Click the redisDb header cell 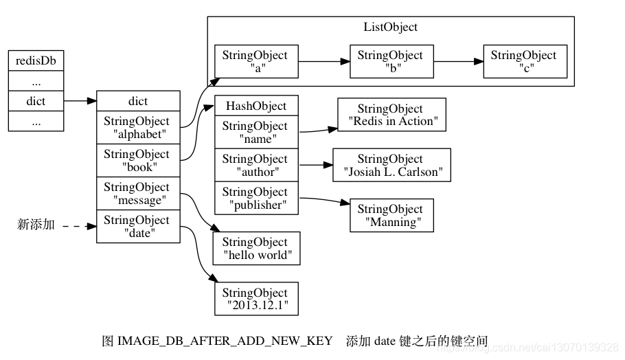coord(36,60)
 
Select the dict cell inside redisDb coord(36,101)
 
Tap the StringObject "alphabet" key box coord(138,127)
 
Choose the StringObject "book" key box coord(138,160)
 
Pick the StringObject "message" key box coord(138,193)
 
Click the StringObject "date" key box coord(138,227)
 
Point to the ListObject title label coord(390,27)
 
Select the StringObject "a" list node coord(256,61)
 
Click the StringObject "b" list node coord(391,61)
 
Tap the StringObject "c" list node coord(525,61)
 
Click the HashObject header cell coord(256,106)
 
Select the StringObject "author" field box coord(256,165)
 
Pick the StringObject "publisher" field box coord(256,198)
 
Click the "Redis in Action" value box coord(391,115)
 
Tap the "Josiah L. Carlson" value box coord(391,165)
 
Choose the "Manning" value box coord(391,215)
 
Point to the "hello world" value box coord(256,249)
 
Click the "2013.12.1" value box coord(256,299)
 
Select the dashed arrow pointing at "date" coord(80,227)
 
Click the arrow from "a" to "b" coord(324,61)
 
